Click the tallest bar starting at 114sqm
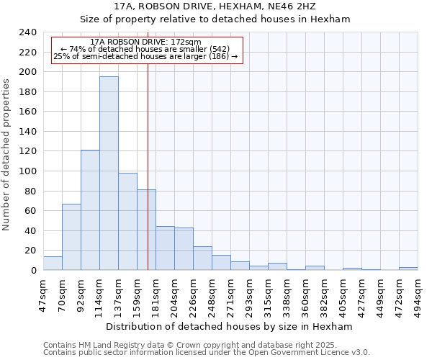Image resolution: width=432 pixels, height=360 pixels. point(109,173)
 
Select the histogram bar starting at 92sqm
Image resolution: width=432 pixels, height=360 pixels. point(90,210)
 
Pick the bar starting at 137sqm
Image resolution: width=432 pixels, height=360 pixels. point(127,221)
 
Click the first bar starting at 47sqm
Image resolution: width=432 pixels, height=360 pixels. point(53,263)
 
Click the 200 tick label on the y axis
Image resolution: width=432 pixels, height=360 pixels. point(28,73)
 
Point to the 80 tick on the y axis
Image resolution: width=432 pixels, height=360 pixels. point(31,192)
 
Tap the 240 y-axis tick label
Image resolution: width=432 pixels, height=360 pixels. point(28,33)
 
